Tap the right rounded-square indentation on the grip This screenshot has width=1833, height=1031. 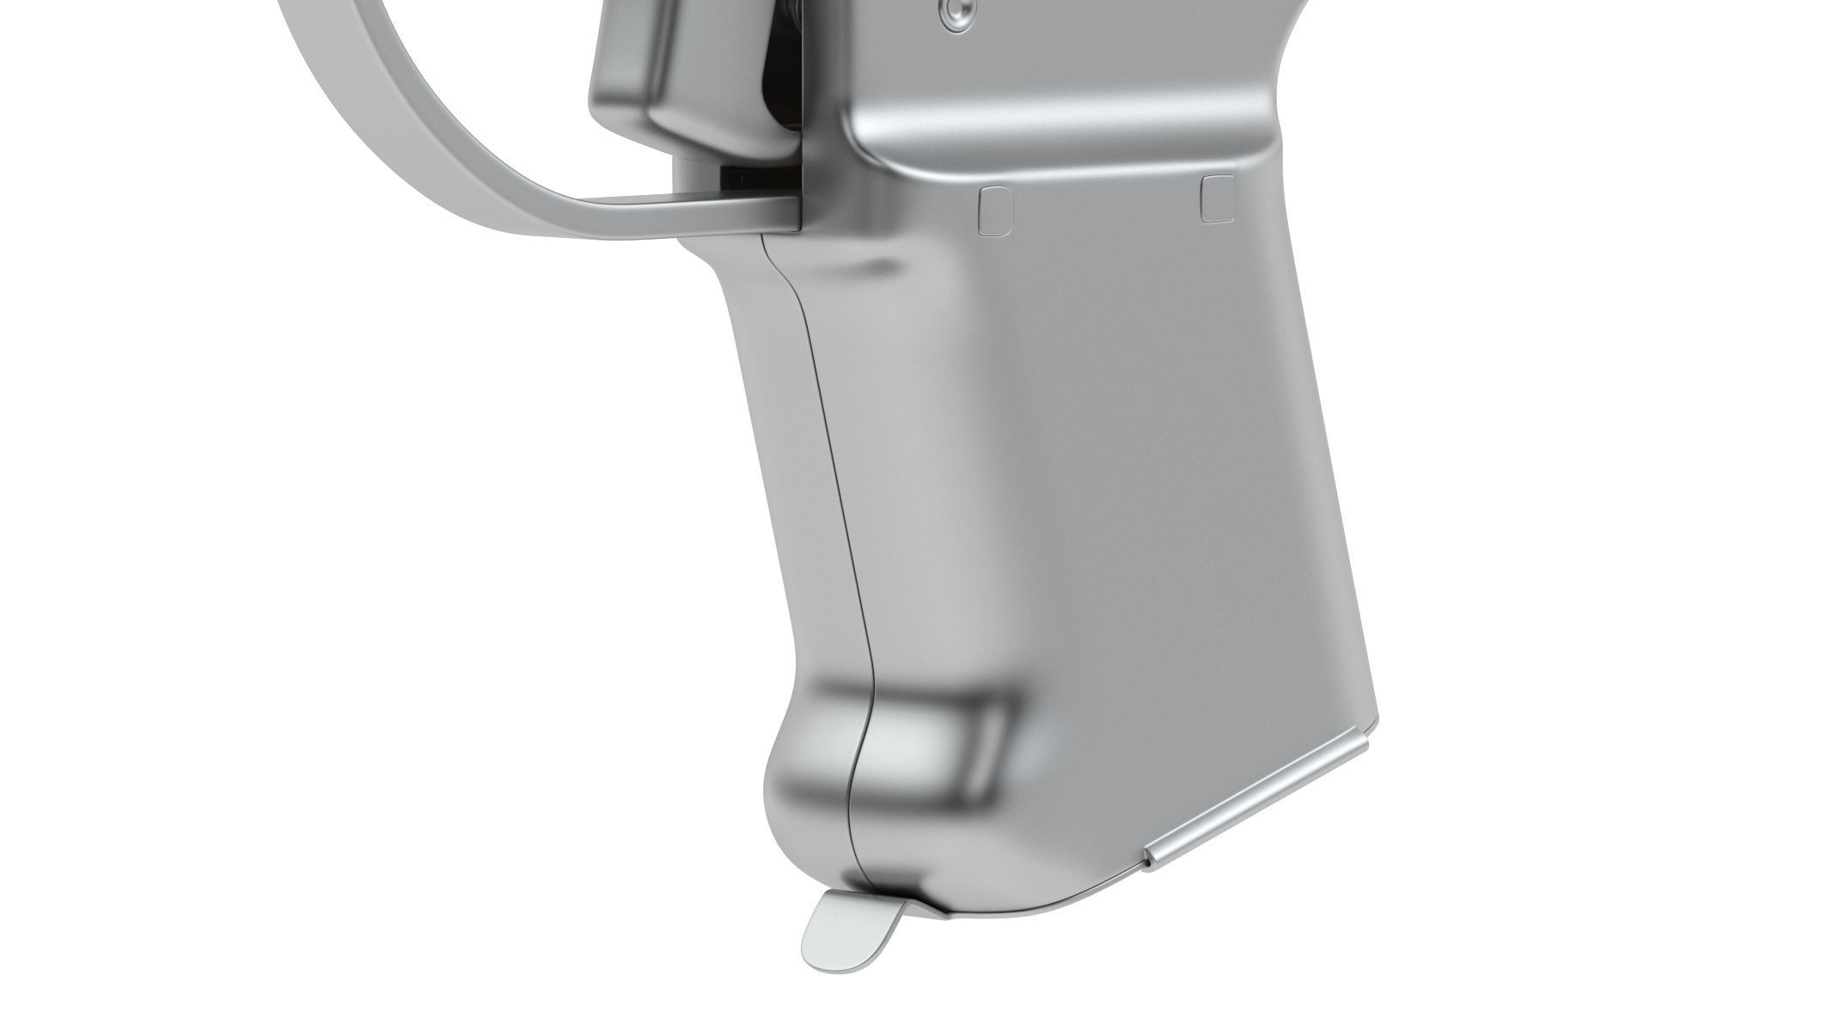[x=1219, y=198]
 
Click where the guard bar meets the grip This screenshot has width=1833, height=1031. [x=797, y=215]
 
